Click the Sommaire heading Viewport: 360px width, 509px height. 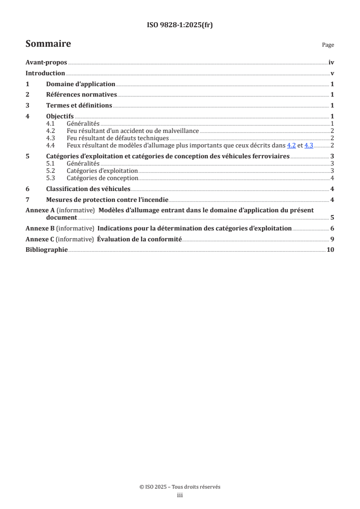[x=48, y=44]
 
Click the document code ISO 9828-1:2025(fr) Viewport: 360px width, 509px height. [x=180, y=25]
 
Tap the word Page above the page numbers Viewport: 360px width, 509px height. [x=328, y=45]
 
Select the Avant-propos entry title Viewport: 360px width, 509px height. [x=46, y=63]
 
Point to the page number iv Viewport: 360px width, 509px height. [x=331, y=63]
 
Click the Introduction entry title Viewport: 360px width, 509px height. [x=45, y=73]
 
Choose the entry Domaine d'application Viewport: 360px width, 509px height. [x=81, y=84]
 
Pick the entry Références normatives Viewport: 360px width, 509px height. [x=82, y=95]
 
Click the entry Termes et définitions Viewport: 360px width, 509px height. [x=79, y=105]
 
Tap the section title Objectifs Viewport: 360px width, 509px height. [x=60, y=116]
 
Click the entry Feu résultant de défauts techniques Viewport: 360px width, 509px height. [x=118, y=138]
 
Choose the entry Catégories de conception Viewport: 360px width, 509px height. [x=102, y=178]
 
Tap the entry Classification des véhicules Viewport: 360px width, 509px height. [x=88, y=189]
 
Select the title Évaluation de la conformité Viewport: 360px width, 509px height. [x=139, y=239]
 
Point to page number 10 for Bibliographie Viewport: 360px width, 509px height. [x=330, y=250]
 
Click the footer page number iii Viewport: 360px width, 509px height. [x=180, y=496]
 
